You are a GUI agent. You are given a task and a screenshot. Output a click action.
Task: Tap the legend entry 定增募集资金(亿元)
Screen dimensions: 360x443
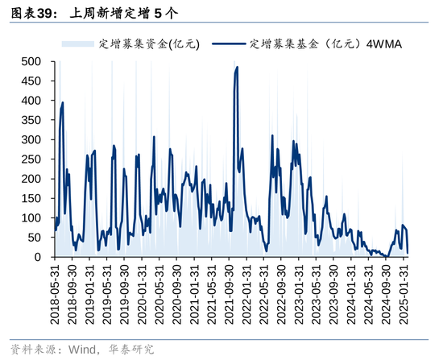(148, 43)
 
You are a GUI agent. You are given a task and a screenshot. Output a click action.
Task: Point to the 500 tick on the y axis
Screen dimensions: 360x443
(31, 61)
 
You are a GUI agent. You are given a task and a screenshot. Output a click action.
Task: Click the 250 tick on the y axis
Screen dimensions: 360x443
(31, 159)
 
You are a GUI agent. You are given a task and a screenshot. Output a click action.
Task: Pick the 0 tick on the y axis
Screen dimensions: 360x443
(37, 257)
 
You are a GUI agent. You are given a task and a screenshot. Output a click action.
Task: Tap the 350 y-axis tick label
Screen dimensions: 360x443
(31, 120)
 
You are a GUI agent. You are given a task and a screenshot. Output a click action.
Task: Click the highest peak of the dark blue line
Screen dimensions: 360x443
(237, 68)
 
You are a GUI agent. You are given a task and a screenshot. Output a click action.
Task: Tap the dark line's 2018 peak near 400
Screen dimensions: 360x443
(63, 102)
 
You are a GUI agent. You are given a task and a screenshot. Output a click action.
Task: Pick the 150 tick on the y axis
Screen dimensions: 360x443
(31, 198)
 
